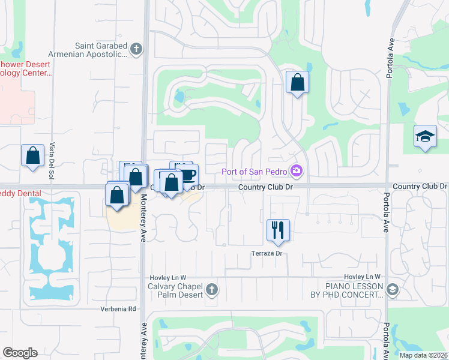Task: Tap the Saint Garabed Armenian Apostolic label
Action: click(x=101, y=50)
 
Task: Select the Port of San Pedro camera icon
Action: click(x=295, y=172)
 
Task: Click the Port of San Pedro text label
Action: click(x=255, y=172)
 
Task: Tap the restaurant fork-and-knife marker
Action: click(x=278, y=230)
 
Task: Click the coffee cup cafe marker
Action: click(x=188, y=175)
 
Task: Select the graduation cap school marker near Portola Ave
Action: click(x=425, y=136)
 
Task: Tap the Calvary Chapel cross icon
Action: click(x=211, y=291)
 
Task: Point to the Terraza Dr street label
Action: click(x=267, y=253)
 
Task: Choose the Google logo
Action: click(x=20, y=353)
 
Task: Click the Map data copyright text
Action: click(x=424, y=355)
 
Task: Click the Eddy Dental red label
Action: click(x=20, y=193)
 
